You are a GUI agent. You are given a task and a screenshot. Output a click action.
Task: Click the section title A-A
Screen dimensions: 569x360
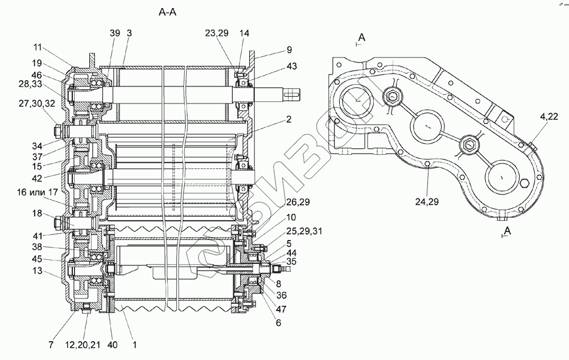click(x=167, y=13)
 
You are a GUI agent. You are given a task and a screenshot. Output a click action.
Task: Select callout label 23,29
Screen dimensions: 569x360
click(x=217, y=33)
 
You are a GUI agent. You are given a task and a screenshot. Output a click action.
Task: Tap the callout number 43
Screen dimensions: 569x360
click(x=291, y=66)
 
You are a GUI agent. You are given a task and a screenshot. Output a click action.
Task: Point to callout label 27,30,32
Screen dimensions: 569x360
click(x=37, y=104)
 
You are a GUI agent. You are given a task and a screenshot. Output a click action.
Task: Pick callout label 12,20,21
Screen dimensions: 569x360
click(x=83, y=345)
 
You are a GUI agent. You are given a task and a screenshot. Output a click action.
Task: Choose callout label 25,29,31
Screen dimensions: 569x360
click(x=304, y=231)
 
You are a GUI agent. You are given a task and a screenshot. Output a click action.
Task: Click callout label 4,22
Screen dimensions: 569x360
click(x=549, y=117)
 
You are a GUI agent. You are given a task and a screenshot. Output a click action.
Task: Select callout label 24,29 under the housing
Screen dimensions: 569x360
click(x=427, y=201)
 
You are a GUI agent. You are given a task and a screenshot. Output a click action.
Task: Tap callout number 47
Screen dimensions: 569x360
click(x=281, y=309)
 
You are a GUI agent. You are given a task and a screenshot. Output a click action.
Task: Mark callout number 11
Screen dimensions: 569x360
click(x=38, y=48)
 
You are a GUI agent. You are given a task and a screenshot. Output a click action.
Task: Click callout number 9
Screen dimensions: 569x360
click(x=289, y=49)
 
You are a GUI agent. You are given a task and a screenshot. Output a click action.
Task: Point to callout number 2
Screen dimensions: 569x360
click(x=288, y=119)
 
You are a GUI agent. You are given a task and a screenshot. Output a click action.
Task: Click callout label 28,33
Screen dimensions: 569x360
click(x=31, y=84)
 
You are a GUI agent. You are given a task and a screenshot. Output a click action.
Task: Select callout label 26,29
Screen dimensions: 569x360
click(x=298, y=202)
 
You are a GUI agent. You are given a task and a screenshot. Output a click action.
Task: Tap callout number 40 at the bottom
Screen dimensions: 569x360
click(x=113, y=345)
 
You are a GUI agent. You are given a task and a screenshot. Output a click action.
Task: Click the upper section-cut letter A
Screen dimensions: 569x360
click(x=362, y=37)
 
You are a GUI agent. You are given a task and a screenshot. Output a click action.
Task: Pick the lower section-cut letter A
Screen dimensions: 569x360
click(x=508, y=230)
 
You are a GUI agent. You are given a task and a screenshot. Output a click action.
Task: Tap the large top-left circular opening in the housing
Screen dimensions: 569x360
click(x=356, y=101)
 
